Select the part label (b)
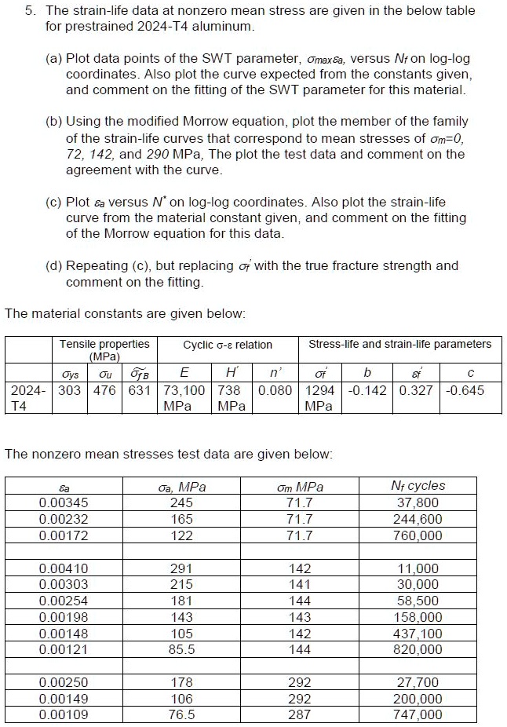point(54,122)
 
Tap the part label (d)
point(54,265)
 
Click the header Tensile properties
point(104,344)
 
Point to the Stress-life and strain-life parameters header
point(399,344)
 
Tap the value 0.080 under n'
point(275,390)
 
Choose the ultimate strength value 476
point(104,390)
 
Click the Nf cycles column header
point(418,486)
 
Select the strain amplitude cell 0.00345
point(64,502)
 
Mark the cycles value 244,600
point(418,519)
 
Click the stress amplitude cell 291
point(181,568)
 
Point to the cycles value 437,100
point(418,634)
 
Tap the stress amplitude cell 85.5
point(181,649)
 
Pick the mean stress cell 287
point(300,714)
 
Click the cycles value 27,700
point(419,682)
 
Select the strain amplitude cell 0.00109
point(64,714)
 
